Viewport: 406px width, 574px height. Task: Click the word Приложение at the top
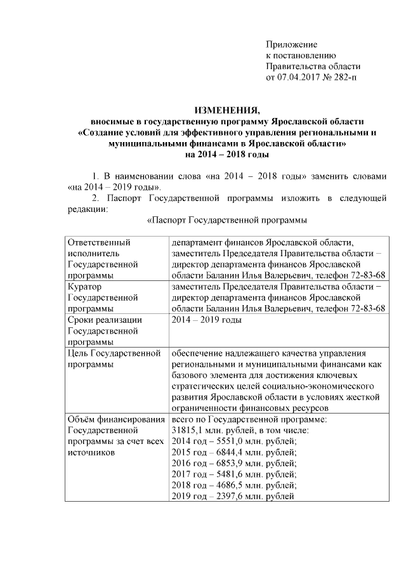(x=291, y=44)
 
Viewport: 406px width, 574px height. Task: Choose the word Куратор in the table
(x=86, y=287)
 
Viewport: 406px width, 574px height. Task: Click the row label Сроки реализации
(x=104, y=320)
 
